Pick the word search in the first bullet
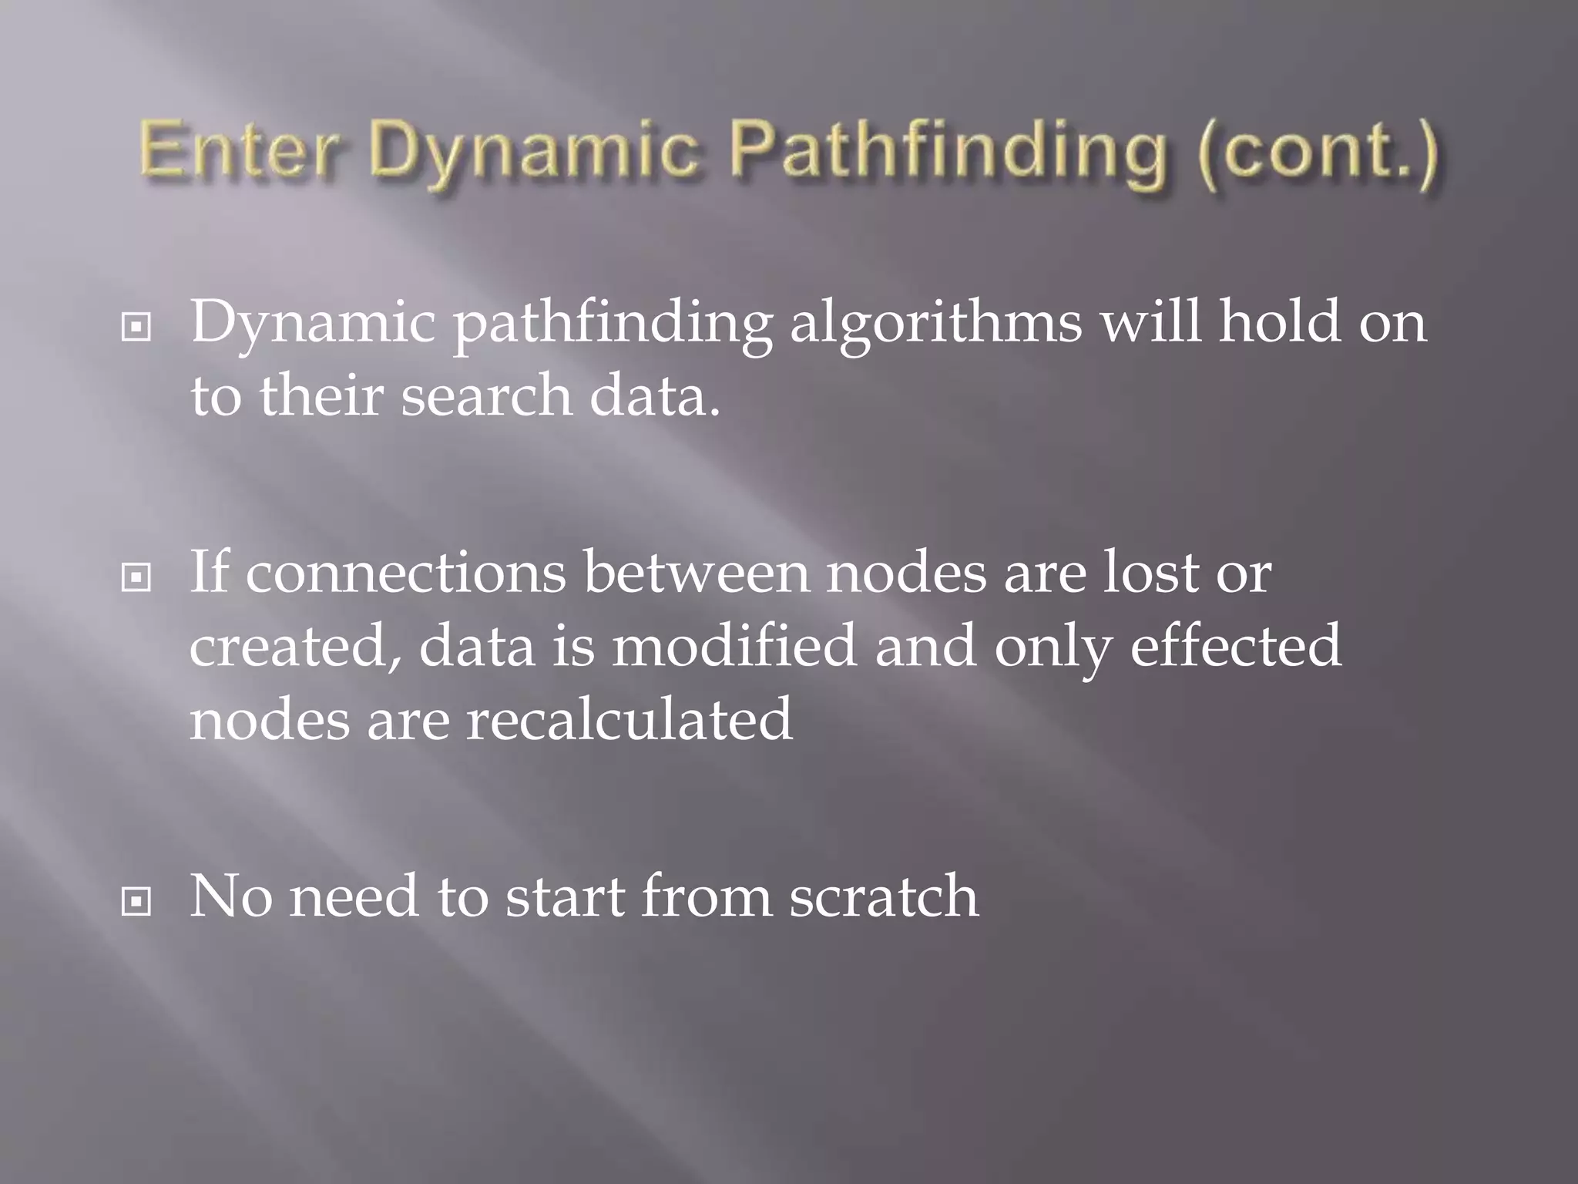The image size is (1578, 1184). click(x=486, y=395)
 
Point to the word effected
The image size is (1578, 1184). click(x=1236, y=646)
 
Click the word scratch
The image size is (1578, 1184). click(x=883, y=896)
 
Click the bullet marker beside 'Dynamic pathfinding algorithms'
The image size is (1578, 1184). click(x=136, y=328)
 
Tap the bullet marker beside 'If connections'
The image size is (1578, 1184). click(x=136, y=577)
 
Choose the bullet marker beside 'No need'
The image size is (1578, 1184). click(x=136, y=901)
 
